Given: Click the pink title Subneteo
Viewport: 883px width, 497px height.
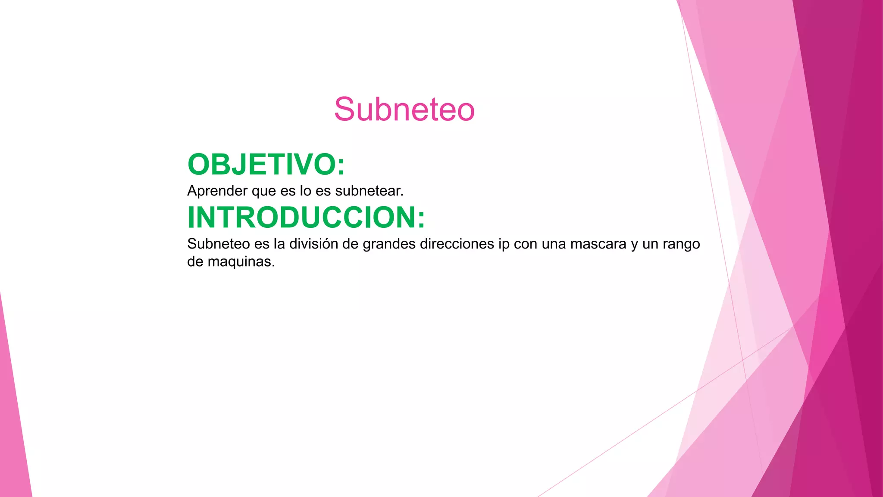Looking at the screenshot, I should coord(404,110).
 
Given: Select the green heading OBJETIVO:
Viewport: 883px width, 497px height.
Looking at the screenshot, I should coord(266,165).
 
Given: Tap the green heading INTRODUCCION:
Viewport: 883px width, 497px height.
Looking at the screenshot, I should coord(306,217).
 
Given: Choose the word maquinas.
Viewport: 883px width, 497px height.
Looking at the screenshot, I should coord(241,262).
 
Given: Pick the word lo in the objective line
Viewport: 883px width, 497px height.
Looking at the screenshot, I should coord(305,191).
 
